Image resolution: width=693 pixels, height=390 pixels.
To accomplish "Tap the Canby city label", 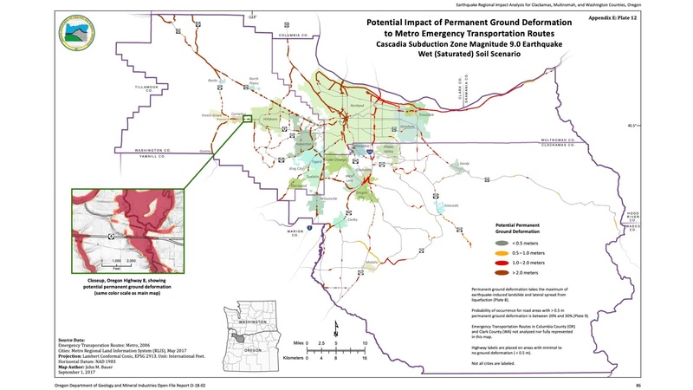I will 352,219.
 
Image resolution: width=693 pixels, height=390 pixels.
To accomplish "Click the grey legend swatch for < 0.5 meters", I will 488,244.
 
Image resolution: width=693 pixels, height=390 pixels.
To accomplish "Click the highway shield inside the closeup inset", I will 110,235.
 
